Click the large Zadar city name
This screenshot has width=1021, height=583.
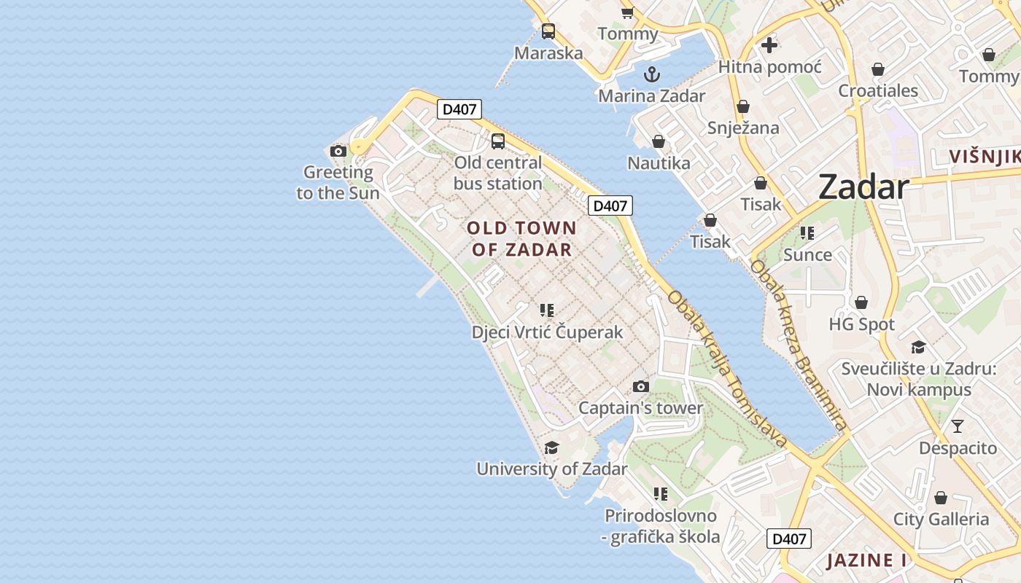pos(863,187)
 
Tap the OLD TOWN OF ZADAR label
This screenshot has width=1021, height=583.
pos(521,238)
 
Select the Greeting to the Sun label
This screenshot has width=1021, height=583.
pos(338,182)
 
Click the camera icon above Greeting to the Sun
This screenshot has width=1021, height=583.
pos(338,152)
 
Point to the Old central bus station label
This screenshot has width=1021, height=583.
pos(498,173)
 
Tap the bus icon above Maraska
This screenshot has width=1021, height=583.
pos(548,31)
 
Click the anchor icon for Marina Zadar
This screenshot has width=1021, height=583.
pos(651,74)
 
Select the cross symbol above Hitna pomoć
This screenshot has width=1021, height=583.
pos(769,45)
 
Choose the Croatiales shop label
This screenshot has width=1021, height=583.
pos(878,91)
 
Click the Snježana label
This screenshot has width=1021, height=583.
pos(743,128)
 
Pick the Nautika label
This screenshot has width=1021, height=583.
pos(659,163)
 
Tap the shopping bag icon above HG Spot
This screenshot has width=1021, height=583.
pos(861,302)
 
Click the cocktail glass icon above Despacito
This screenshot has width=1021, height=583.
pos(957,426)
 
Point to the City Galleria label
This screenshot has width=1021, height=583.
pos(941,520)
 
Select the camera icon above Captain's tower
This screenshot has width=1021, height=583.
pos(640,386)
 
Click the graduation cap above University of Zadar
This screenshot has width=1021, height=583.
pos(551,447)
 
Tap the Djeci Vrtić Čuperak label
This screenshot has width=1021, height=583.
pos(547,332)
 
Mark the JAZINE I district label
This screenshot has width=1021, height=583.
pos(866,560)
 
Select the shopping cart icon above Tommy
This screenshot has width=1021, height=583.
pos(627,12)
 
